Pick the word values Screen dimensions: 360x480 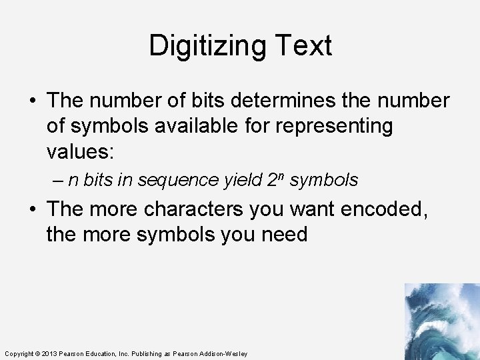81,151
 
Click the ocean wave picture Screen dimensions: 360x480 441,321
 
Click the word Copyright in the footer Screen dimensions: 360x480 18,353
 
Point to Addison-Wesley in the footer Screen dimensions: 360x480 224,353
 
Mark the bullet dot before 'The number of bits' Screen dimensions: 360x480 33,101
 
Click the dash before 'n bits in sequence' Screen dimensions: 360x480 59,180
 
